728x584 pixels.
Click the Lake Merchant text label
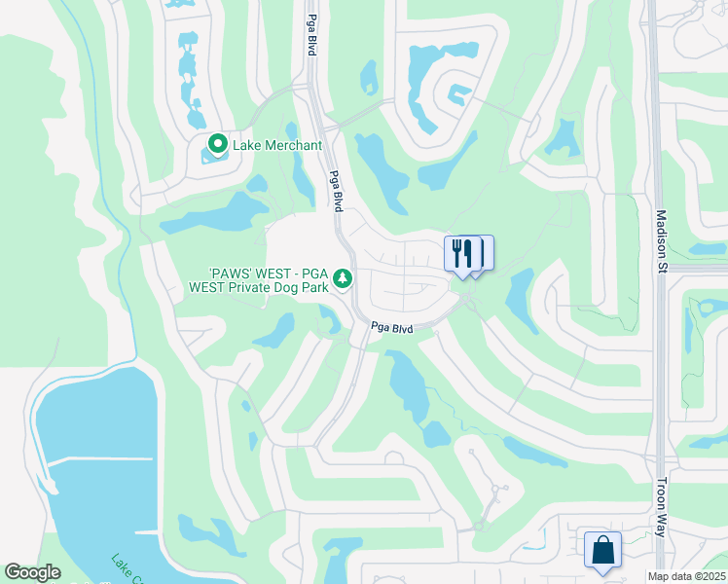277,146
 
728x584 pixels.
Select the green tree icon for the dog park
343,279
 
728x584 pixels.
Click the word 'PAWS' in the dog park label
235,274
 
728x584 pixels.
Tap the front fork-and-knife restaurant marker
461,253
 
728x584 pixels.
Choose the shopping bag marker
602,549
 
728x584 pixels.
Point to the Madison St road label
662,242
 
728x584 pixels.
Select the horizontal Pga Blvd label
391,329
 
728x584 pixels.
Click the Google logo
32,572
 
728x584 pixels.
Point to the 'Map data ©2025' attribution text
687,576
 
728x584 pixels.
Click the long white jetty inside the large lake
97,459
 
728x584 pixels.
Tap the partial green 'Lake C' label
127,568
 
